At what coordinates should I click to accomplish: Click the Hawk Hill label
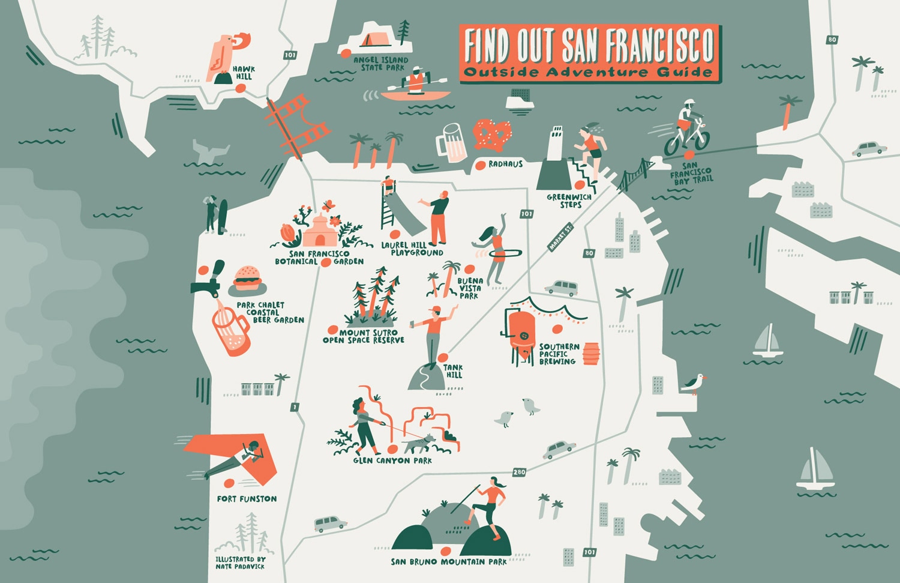click(x=243, y=73)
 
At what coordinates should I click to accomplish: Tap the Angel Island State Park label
click(x=380, y=64)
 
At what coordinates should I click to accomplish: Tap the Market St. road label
click(x=560, y=237)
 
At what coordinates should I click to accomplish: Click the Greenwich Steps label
click(x=569, y=201)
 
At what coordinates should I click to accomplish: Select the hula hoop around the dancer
click(x=505, y=254)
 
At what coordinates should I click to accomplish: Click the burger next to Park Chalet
click(x=247, y=278)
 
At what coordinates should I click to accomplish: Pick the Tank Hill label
click(x=454, y=371)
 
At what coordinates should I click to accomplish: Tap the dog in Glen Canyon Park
click(x=419, y=443)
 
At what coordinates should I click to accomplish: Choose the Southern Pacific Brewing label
click(x=559, y=354)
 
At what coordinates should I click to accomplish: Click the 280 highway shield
click(x=519, y=472)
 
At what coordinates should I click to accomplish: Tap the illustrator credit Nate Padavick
click(x=240, y=563)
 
